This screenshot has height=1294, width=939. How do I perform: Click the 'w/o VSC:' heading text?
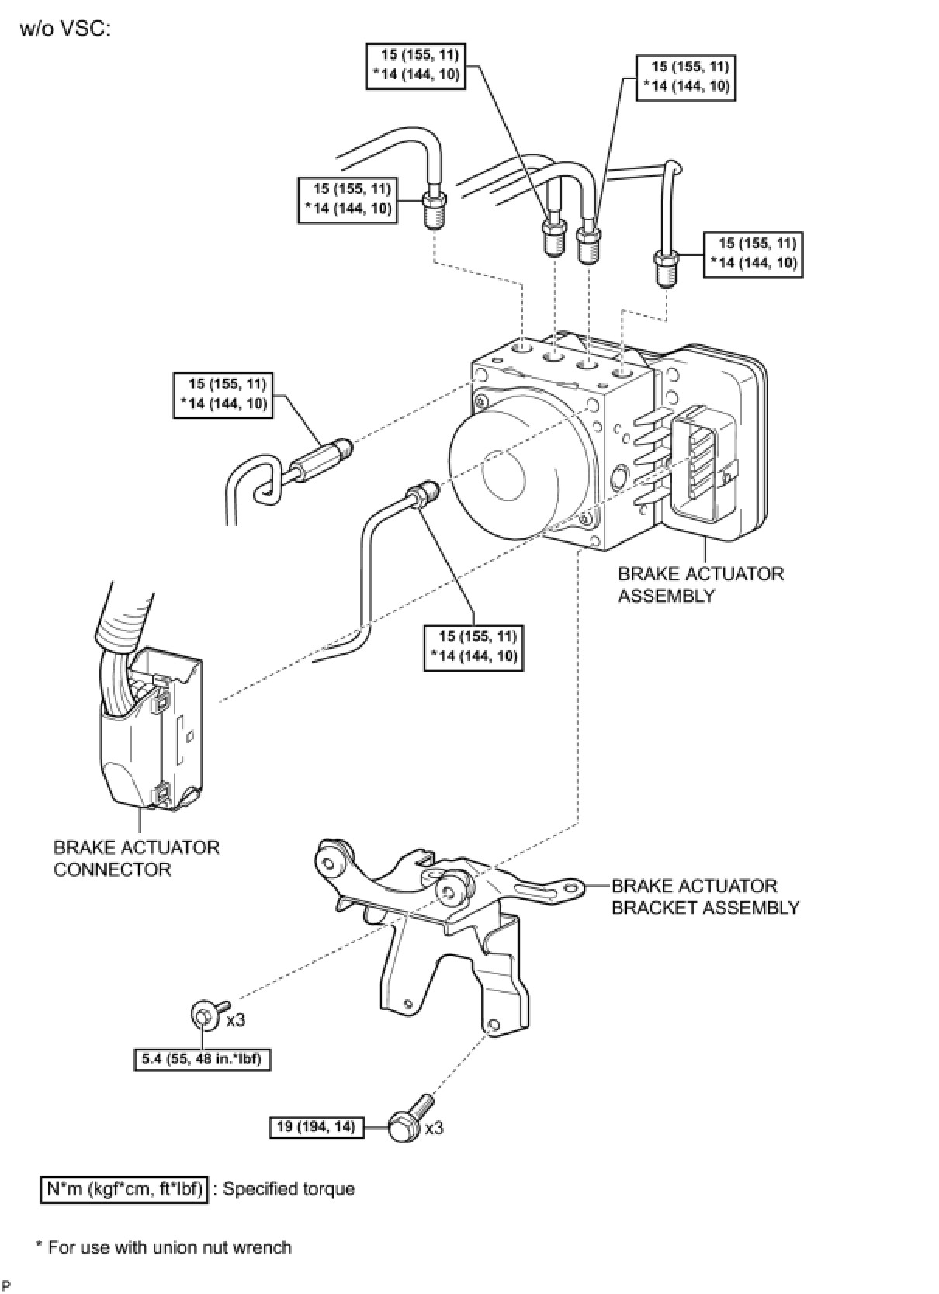[x=64, y=29]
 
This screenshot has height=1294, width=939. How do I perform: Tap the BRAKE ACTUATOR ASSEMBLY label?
[x=700, y=585]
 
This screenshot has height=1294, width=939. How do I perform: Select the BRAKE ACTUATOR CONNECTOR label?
[x=137, y=859]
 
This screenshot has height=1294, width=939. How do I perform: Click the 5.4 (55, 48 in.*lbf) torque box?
[x=202, y=1060]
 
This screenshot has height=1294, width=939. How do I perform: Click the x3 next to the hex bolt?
[x=434, y=1127]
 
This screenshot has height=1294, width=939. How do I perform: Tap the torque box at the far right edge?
[x=753, y=254]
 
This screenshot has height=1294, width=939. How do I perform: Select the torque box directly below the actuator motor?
[x=473, y=648]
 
